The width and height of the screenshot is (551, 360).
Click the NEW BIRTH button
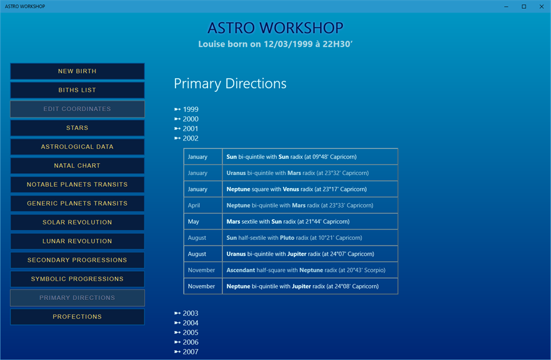point(77,71)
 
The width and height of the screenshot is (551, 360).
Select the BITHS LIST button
point(77,90)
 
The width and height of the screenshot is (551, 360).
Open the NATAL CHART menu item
point(77,166)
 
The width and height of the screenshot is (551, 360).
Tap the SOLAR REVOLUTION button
point(77,222)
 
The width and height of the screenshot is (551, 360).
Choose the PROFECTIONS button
point(77,317)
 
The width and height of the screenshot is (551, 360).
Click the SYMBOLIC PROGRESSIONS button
point(77,279)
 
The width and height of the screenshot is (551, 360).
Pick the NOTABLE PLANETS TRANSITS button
point(77,184)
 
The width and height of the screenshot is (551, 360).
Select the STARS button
point(77,128)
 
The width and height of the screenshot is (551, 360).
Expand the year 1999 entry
point(186,109)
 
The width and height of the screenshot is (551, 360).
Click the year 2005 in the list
point(186,332)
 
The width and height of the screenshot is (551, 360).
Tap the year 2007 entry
point(186,351)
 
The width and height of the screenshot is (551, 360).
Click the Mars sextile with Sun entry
point(288,221)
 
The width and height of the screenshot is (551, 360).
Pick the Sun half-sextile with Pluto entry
point(294,237)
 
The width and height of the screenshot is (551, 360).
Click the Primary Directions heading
point(230,84)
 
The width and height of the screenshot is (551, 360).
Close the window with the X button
point(542,6)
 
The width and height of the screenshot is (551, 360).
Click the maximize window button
point(524,6)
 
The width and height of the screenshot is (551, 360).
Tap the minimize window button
point(507,6)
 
